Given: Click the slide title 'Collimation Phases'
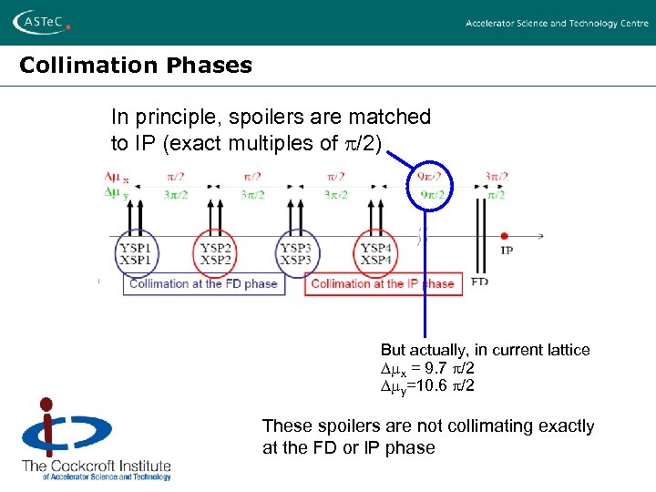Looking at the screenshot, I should (136, 66).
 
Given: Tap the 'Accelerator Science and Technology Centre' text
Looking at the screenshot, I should (557, 23).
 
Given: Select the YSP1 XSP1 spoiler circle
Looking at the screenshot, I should (136, 253).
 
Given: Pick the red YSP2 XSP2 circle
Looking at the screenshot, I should (216, 253).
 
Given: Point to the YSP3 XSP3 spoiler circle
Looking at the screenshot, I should (295, 253).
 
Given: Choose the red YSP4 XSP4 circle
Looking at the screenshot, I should (375, 253).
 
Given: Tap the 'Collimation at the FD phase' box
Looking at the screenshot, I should (203, 283).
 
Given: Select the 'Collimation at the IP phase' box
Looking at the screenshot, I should (383, 283).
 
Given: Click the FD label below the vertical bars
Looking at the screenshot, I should (480, 282).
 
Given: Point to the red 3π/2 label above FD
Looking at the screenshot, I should (496, 177).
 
